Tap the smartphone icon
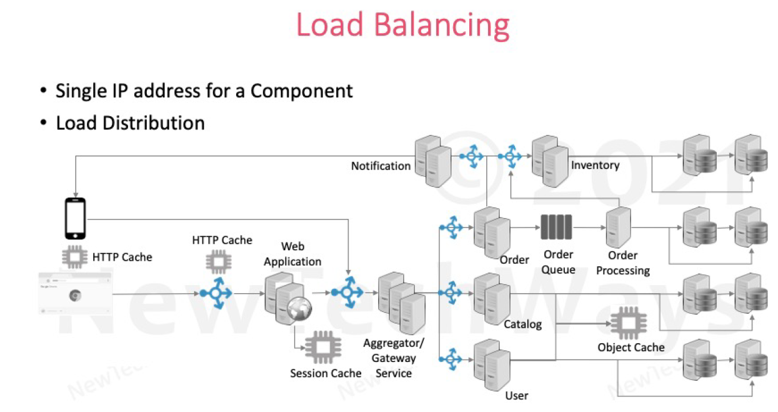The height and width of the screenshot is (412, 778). coord(75,219)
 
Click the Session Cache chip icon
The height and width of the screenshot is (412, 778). coord(322,348)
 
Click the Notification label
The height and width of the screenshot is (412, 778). coord(381,166)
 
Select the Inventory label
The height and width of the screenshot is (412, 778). coord(595,165)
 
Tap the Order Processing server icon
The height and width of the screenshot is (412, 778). coord(618,228)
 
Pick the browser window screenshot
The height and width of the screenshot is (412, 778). coord(75,293)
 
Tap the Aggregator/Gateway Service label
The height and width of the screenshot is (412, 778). coord(394,358)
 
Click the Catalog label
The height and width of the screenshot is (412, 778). coord(522,324)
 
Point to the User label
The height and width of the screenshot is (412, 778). coord(517,395)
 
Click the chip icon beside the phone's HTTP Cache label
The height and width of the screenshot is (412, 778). coord(75,256)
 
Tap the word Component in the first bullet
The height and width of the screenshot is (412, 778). coord(302,91)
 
